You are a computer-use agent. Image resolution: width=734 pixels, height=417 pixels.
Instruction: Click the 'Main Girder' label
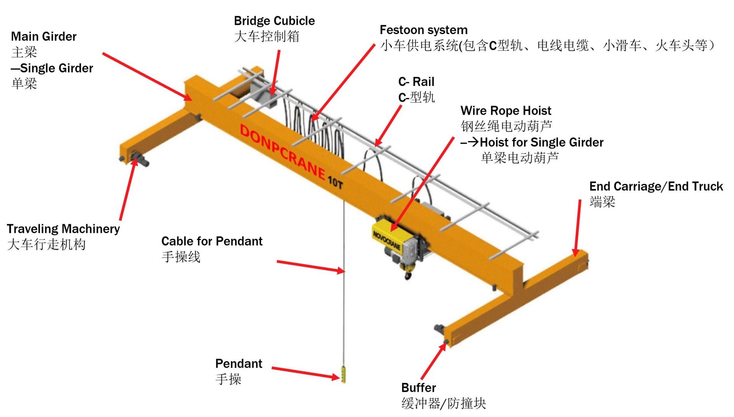pyautogui.click(x=44, y=37)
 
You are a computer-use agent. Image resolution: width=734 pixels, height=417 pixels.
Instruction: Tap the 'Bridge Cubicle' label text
pyautogui.click(x=274, y=21)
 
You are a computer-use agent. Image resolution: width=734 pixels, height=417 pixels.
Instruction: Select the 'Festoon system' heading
pyautogui.click(x=423, y=30)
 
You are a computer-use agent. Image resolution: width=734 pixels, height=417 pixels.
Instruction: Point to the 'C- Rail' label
pyautogui.click(x=416, y=82)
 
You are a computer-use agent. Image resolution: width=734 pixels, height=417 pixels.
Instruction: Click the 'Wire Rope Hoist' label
pyautogui.click(x=505, y=111)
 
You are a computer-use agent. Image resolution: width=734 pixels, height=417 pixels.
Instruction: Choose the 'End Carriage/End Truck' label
pyautogui.click(x=656, y=187)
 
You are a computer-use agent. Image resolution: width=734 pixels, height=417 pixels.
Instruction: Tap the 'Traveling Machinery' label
pyautogui.click(x=63, y=229)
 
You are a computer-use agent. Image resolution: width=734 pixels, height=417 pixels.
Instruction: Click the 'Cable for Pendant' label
pyautogui.click(x=212, y=241)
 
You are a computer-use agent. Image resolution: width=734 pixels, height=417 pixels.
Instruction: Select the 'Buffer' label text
pyautogui.click(x=418, y=388)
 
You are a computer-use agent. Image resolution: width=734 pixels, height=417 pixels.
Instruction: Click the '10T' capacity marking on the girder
pyautogui.click(x=335, y=182)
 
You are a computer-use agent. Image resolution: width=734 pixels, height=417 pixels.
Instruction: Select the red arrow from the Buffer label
pyautogui.click(x=434, y=362)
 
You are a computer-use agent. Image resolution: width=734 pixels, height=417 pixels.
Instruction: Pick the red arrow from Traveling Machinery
pyautogui.click(x=128, y=189)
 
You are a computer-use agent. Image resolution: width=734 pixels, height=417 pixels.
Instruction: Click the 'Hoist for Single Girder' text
pyautogui.click(x=541, y=143)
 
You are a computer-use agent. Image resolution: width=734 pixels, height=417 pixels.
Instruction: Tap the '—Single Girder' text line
pyautogui.click(x=52, y=68)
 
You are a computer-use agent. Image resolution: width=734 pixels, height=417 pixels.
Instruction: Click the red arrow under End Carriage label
pyautogui.click(x=578, y=228)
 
